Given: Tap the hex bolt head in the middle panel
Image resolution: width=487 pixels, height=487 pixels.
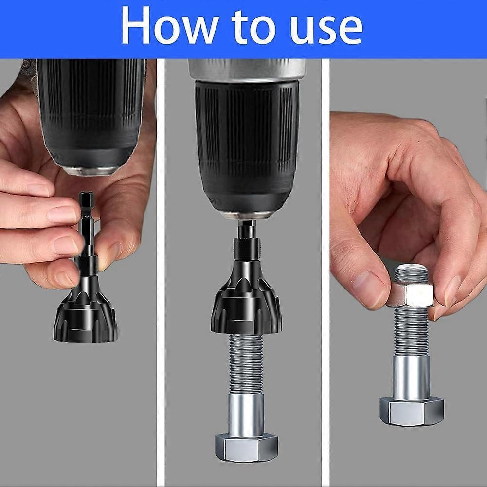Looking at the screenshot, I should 247,448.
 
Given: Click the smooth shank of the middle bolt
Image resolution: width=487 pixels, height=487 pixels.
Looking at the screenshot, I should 246,414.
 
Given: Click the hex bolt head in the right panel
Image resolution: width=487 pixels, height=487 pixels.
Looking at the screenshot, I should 412,411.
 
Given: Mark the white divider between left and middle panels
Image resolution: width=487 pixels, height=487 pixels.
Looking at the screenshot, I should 161,272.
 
